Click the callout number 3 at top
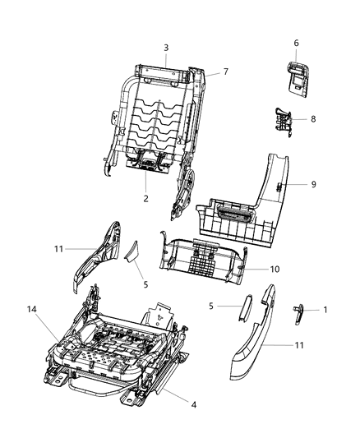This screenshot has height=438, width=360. (x=165, y=47)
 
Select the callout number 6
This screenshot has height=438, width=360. (x=296, y=43)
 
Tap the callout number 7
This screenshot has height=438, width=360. (x=225, y=72)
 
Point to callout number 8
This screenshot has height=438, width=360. (x=312, y=119)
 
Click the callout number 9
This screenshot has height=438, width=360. (x=312, y=184)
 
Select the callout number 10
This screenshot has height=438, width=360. (x=275, y=269)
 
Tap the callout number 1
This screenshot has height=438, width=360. (x=325, y=310)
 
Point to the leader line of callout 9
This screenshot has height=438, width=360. (x=297, y=185)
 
